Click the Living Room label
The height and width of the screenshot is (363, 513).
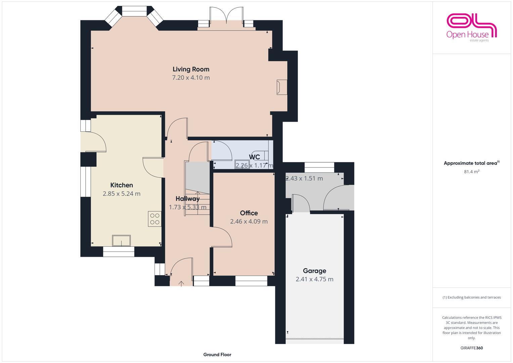[x=191, y=69]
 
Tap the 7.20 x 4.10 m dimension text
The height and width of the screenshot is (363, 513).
[x=191, y=78]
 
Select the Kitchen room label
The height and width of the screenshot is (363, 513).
[x=122, y=185]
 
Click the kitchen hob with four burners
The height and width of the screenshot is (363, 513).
[x=155, y=219]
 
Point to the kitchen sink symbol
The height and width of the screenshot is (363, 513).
[x=121, y=241]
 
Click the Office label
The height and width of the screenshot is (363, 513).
[x=249, y=213]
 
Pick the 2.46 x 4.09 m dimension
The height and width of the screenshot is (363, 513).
[x=249, y=221]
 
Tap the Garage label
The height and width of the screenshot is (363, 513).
[x=314, y=271]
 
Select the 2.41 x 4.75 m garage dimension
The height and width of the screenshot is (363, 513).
[x=314, y=279]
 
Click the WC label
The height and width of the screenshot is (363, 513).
[x=254, y=157]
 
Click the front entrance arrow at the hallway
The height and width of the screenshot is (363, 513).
[x=181, y=284]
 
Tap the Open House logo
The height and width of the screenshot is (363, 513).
[x=471, y=28]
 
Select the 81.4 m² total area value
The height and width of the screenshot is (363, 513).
[x=471, y=172]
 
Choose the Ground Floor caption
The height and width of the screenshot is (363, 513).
[x=217, y=355]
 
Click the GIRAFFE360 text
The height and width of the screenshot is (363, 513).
[x=471, y=348]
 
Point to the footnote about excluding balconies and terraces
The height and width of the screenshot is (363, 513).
[x=471, y=297]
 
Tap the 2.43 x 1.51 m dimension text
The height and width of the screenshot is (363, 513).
[x=304, y=178]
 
